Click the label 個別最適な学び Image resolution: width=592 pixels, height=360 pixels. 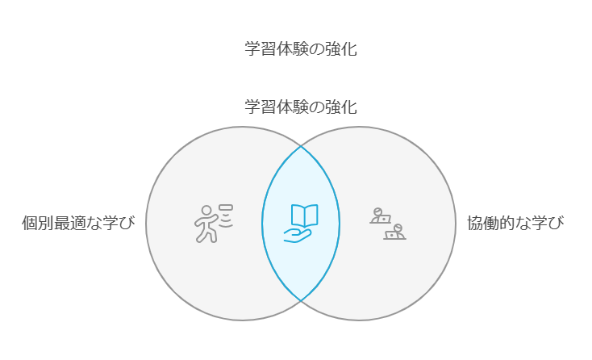tap(78, 224)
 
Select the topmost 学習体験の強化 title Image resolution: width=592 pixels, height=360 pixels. tap(301, 49)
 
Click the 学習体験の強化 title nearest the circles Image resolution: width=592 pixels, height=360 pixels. tap(301, 107)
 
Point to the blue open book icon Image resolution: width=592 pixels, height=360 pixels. tap(304, 215)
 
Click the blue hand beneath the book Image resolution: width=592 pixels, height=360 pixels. tap(297, 235)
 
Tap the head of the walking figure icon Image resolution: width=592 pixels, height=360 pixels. tap(207, 211)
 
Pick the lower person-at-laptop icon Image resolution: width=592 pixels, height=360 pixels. tap(395, 233)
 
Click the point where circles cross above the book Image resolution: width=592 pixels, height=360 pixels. tap(301, 147)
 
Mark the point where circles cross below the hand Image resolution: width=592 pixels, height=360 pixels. tap(301, 300)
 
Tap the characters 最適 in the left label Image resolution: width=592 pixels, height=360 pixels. tap(70, 224)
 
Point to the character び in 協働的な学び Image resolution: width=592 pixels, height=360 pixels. tap(556, 224)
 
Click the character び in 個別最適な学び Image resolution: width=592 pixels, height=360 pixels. tap(127, 224)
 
